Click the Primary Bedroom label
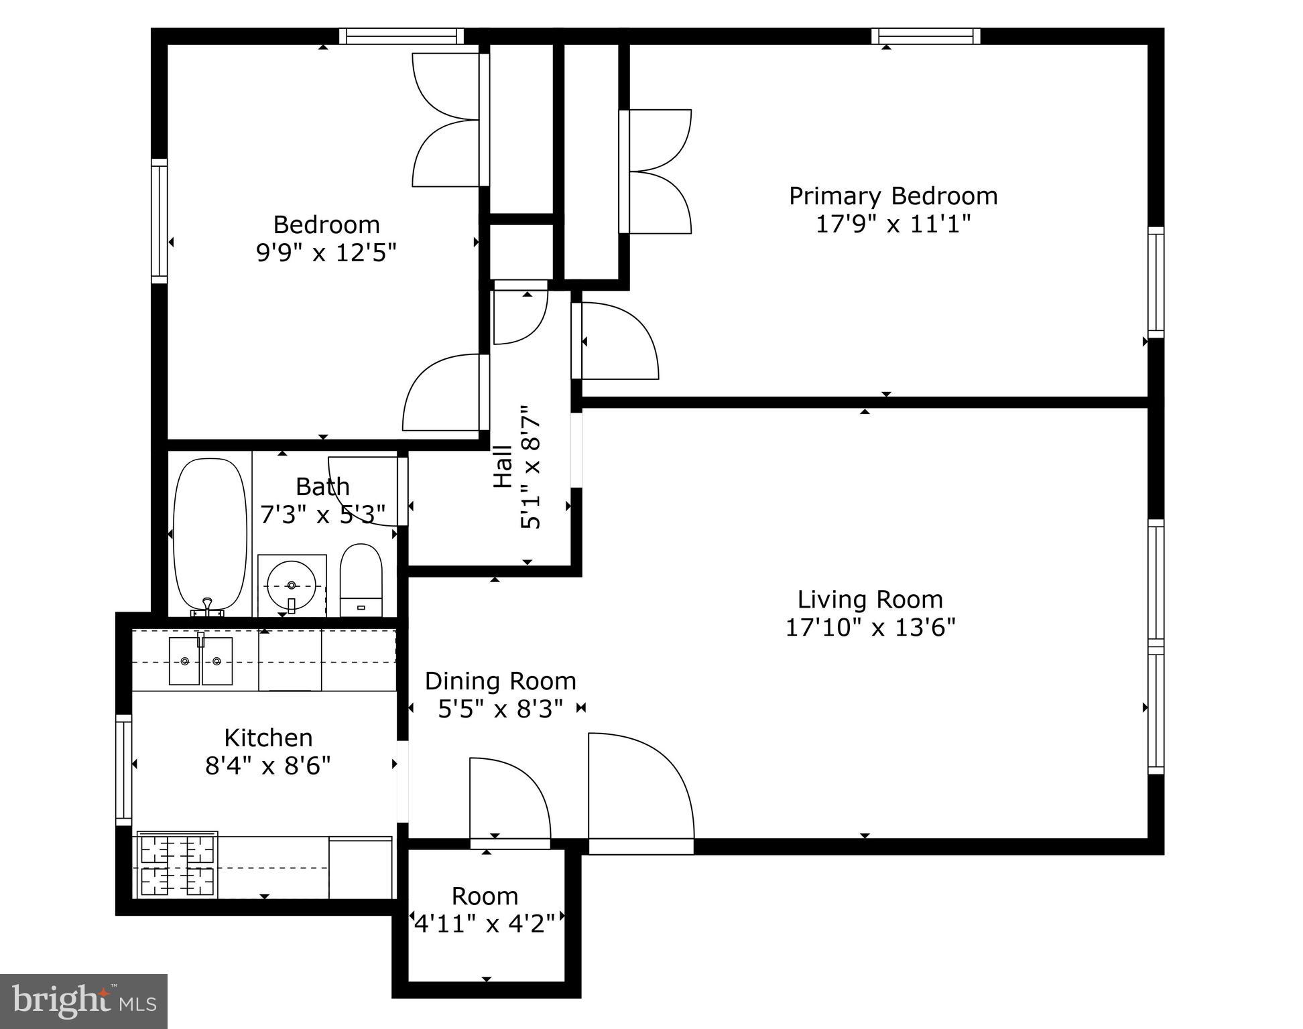click(893, 196)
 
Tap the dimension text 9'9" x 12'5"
click(326, 253)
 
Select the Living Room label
click(870, 600)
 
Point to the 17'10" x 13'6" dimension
click(870, 628)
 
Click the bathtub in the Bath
click(209, 533)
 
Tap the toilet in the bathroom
click(361, 579)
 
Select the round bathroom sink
click(292, 585)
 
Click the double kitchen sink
click(200, 661)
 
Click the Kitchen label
click(268, 738)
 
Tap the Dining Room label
click(500, 681)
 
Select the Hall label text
click(503, 467)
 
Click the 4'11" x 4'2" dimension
click(485, 924)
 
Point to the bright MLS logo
click(84, 1002)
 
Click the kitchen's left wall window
click(123, 770)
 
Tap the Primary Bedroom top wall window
click(926, 36)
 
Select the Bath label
click(322, 486)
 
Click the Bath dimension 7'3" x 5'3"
click(322, 514)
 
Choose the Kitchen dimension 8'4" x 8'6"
click(268, 766)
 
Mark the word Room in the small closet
click(485, 896)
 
